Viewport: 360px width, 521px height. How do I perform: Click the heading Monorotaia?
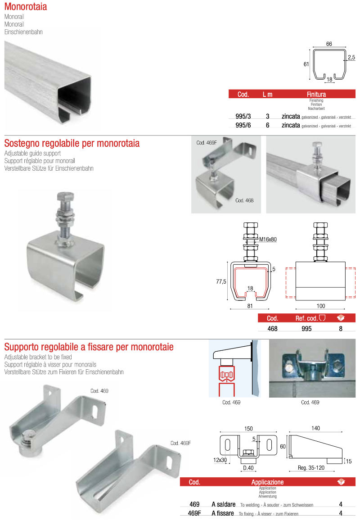tap(26, 7)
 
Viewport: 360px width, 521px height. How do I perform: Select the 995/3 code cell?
tap(243, 116)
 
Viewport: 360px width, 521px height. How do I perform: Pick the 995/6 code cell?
tap(243, 125)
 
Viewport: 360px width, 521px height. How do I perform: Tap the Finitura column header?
tap(316, 95)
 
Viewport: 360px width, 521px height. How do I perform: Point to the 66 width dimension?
tap(329, 44)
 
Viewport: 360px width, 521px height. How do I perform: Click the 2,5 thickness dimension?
tap(351, 57)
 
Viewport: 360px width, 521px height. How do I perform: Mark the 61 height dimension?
tap(306, 64)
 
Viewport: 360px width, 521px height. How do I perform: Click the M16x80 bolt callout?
tap(268, 240)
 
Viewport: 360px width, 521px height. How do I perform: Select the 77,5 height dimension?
tap(220, 281)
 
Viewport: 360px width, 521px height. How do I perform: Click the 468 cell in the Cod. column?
tap(273, 329)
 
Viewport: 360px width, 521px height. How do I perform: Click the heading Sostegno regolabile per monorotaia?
tap(72, 143)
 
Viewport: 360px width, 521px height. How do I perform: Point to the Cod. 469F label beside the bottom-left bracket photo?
tap(180, 443)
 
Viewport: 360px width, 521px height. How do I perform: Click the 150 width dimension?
tap(248, 428)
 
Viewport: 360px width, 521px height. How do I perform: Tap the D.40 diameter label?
tap(248, 468)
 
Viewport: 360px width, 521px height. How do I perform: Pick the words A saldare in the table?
tap(223, 505)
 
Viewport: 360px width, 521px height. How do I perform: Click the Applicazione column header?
tap(267, 482)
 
